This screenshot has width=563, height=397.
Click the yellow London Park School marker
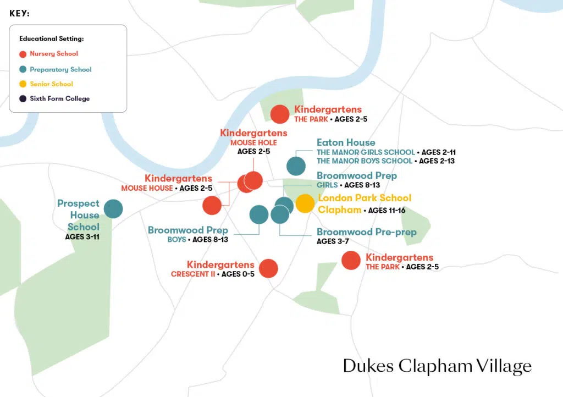pos(305,203)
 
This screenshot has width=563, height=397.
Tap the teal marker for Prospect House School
pos(113,209)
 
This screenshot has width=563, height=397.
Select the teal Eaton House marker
pos(296,166)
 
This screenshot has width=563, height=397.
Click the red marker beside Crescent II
pos(268,268)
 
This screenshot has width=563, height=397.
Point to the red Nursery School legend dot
pos(23,54)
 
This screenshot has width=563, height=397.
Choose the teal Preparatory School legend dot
pos(23,70)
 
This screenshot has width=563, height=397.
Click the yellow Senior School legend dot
pos(23,84)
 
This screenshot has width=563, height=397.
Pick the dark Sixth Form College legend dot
pos(23,99)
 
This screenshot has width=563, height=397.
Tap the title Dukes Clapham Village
pos(437,366)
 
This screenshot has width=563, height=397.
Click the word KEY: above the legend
pos(19,14)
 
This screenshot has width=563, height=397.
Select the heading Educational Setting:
pos(52,39)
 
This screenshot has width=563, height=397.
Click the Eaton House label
pos(346,143)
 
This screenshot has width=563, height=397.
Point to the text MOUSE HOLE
pos(253,143)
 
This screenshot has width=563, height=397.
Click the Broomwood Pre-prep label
pos(367,232)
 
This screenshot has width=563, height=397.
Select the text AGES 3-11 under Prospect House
pos(82,237)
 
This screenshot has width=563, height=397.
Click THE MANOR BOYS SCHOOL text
pos(365,161)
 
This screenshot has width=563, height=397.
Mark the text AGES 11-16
pos(387,211)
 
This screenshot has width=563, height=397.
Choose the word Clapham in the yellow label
pos(340,209)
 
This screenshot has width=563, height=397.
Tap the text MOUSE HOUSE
pos(147,188)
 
